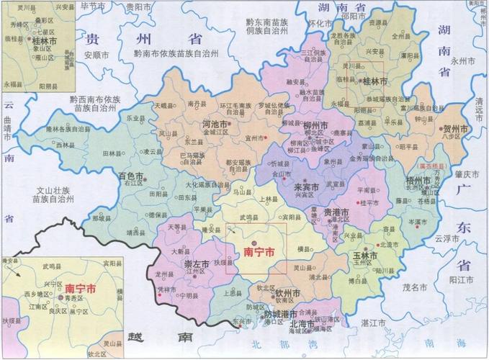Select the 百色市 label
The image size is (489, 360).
pos(133,175)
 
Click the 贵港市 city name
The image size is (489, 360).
pos(336,213)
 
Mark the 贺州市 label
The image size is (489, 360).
pos(454,127)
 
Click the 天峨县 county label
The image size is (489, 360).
pos(165,105)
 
